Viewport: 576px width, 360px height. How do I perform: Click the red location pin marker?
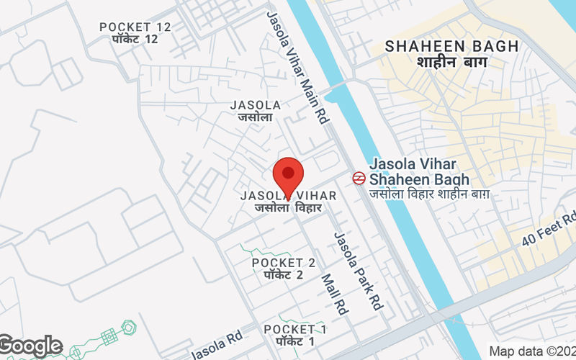click(288, 175)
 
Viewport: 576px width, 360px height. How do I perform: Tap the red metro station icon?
click(358, 178)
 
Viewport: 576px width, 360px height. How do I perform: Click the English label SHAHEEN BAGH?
click(451, 46)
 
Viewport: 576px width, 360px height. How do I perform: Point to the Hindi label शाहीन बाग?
click(451, 63)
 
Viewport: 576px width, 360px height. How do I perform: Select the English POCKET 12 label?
click(135, 27)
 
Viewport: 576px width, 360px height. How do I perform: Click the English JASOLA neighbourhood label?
click(255, 105)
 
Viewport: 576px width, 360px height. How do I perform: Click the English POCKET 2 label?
click(284, 263)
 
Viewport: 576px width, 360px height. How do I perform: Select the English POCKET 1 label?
click(295, 329)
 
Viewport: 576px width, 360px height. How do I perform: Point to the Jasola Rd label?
click(216, 346)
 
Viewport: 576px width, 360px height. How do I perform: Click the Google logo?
click(30, 346)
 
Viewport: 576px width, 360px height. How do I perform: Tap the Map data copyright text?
click(531, 351)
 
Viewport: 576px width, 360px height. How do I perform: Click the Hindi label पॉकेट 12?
click(129, 39)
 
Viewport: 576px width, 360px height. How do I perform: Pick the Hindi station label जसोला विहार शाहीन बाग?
click(430, 194)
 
